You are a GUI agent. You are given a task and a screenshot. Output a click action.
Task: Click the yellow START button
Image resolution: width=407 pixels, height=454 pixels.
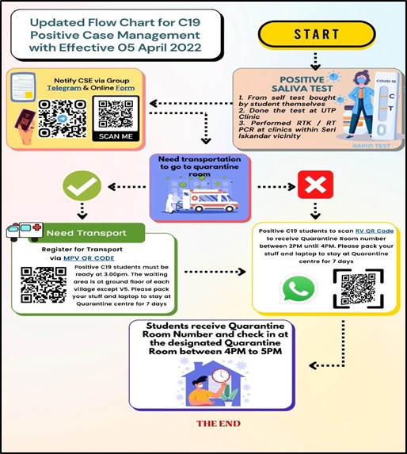317,34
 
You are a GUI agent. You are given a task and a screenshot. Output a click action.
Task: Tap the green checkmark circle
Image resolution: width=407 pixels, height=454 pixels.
82,186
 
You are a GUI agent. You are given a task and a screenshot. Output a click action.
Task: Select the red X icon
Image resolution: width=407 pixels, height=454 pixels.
316,185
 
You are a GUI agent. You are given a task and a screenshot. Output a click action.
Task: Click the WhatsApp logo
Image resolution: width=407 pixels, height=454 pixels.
299,289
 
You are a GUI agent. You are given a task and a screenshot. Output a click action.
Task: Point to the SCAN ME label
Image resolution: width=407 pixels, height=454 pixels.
116,136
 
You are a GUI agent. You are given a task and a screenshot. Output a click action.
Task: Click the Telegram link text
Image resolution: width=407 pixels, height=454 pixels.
64,88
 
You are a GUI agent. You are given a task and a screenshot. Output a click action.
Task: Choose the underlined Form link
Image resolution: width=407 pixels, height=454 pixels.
125,88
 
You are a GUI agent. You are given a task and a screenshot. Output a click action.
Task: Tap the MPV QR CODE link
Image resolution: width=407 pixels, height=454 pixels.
89,258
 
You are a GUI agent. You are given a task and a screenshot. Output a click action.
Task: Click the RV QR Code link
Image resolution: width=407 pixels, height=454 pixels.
375,231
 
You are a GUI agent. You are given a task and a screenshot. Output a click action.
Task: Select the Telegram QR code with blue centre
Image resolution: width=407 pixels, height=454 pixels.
63,118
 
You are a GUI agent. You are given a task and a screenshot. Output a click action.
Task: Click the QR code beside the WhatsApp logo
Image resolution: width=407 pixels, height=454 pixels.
359,288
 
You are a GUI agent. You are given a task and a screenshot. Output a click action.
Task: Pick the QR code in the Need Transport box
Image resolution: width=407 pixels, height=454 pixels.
44,285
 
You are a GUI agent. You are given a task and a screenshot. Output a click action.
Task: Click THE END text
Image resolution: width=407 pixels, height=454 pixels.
219,424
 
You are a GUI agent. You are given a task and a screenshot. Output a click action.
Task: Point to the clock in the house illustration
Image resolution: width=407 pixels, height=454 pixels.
221,376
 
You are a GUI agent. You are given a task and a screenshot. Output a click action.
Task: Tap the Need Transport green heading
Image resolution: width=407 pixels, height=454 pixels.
86,233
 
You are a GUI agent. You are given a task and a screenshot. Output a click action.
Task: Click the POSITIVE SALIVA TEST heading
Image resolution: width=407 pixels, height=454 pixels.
302,84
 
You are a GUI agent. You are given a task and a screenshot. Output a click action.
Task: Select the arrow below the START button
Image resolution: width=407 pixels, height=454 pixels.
315,62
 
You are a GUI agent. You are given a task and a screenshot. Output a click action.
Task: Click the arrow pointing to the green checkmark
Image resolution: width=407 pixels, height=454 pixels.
127,187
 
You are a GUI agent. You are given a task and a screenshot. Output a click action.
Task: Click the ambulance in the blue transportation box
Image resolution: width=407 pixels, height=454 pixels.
210,200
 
